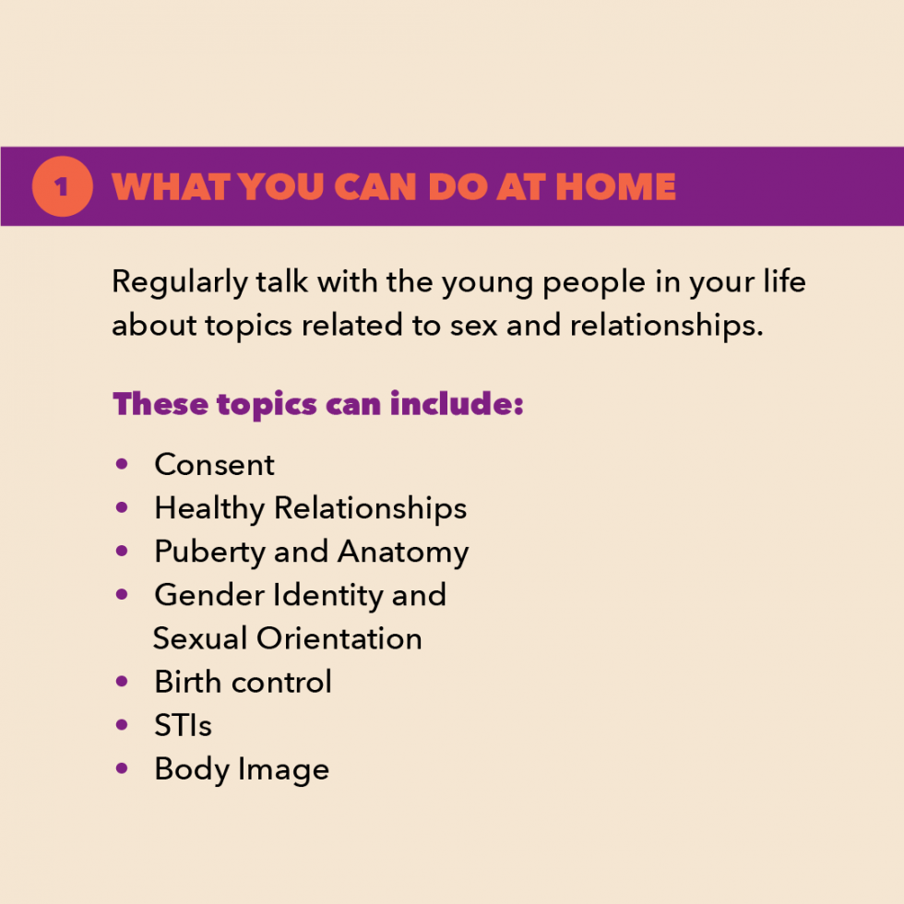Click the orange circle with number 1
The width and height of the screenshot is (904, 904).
[x=63, y=186]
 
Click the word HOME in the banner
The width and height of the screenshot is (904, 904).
[x=616, y=186]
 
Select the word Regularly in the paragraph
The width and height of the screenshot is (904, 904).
[x=179, y=283]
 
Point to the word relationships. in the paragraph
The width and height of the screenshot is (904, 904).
[x=666, y=326]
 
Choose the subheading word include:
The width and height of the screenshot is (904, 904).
[x=457, y=404]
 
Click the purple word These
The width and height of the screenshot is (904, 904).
[x=161, y=404]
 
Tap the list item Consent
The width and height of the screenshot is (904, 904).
[x=214, y=465]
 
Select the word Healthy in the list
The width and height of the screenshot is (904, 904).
[x=209, y=509]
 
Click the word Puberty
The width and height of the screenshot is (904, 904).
[x=210, y=553]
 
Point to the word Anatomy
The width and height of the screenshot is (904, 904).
[x=404, y=553]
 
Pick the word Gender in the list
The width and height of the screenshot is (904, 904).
[x=209, y=595]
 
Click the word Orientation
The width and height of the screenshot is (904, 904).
[x=339, y=638]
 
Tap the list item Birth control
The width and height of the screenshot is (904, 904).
[x=243, y=682]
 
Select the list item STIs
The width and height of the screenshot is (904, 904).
[x=183, y=725]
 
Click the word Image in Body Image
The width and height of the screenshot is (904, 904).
[x=284, y=770]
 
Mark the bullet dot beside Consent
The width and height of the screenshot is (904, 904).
[x=122, y=464]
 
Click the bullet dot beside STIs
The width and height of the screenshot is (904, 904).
[x=122, y=725]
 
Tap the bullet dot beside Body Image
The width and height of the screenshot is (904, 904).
[x=122, y=767]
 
